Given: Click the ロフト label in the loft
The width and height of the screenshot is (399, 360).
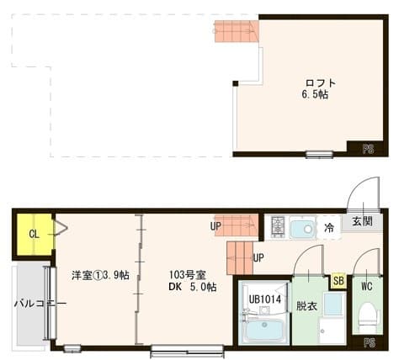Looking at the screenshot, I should pos(320,82).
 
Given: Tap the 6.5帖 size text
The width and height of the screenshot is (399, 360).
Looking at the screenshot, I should pos(315,95).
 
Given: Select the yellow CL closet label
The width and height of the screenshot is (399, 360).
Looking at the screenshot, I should pos(35,234).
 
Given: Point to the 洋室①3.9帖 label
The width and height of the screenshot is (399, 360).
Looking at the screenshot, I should pos(100,275).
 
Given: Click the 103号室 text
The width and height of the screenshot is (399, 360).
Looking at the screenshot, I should pos(187,274).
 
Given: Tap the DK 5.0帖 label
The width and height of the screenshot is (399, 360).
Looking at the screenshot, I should pos(192,287).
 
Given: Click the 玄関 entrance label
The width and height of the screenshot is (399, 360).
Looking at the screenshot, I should pos(362,221).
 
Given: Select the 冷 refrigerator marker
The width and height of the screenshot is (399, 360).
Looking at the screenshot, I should pos(329,227).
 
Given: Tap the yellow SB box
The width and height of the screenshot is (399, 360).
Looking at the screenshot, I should pos(338,280).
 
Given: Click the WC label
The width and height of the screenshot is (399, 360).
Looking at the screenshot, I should pos(366,286).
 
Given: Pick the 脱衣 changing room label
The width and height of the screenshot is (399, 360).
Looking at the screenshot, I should pos(306,307).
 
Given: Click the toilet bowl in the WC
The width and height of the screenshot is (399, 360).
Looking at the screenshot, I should pos(367,318).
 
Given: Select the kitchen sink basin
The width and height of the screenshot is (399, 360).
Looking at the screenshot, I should pos(301,228).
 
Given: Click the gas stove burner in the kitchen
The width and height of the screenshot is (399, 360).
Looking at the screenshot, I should pos(276,226).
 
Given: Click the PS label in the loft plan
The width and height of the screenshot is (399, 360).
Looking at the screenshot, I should pos(368,149).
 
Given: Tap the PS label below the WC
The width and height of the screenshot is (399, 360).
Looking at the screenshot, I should pos(368,342).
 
